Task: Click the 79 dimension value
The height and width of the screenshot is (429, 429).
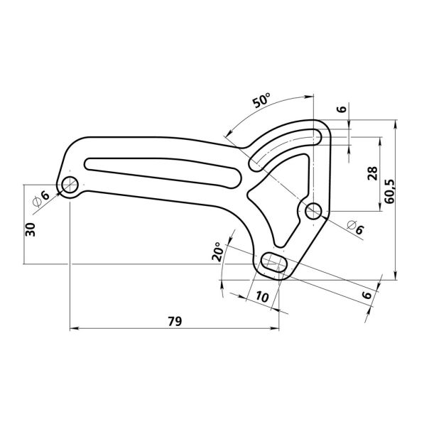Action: (x=174, y=321)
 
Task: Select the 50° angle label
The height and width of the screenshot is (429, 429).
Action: (x=261, y=102)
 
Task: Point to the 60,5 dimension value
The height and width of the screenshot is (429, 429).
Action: (x=389, y=192)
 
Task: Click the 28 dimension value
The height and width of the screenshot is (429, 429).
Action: (x=371, y=174)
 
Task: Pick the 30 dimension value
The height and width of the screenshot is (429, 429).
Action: (x=30, y=230)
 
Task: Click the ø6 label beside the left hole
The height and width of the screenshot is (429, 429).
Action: (x=40, y=200)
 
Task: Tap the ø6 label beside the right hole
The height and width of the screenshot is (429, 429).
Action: (x=356, y=229)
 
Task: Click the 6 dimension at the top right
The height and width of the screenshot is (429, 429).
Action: (x=342, y=109)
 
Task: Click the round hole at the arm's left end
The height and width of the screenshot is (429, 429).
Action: (x=70, y=186)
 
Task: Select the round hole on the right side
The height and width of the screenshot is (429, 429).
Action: (x=313, y=210)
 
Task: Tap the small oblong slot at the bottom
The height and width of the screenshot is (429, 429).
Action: (x=274, y=263)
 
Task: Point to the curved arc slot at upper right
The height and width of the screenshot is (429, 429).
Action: (x=281, y=146)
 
